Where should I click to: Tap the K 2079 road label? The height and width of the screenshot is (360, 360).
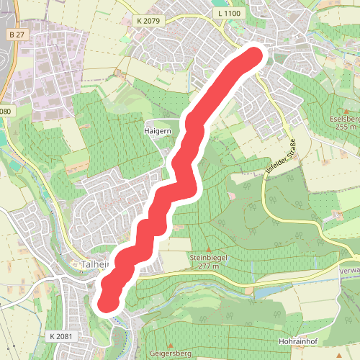click(148, 22)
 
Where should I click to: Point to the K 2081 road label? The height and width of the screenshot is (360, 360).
click(62, 336)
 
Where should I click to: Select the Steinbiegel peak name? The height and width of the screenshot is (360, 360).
click(209, 256)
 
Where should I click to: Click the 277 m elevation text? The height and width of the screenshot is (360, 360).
click(209, 266)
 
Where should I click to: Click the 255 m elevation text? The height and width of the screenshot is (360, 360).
click(346, 127)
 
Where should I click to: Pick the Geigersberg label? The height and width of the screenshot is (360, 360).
click(170, 354)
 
